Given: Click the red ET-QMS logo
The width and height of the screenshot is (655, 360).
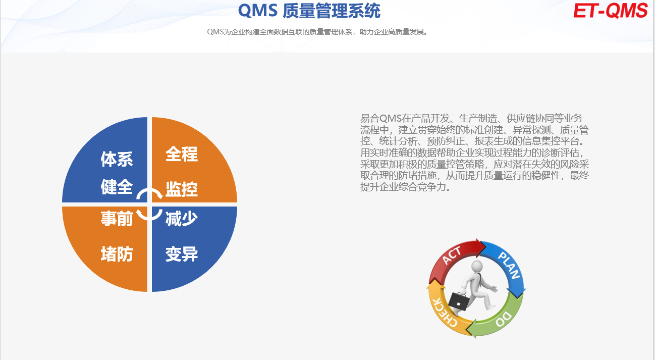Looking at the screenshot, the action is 611,11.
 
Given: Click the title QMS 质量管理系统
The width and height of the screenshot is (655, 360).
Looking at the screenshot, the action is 309,11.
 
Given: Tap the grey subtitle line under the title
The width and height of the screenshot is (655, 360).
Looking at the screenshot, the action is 317,32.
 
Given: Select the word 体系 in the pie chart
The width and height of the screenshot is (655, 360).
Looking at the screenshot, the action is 117,159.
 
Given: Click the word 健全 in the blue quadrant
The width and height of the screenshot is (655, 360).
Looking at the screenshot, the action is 117,187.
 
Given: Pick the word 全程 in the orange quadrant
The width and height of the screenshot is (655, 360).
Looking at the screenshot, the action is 182,154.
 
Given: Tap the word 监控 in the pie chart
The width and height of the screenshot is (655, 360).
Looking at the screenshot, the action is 182,189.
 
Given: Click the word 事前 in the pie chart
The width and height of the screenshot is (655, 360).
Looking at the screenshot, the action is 117,219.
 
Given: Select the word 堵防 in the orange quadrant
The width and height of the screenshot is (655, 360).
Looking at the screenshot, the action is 117,254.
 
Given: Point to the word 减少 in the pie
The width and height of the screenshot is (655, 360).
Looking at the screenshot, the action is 182,219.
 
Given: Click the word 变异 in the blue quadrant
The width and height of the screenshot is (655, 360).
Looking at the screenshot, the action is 182,254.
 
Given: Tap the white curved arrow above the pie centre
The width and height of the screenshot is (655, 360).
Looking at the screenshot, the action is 149,190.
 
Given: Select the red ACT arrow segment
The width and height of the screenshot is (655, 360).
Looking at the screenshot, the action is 452,257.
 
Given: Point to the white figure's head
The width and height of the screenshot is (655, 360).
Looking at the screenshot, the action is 477,267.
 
